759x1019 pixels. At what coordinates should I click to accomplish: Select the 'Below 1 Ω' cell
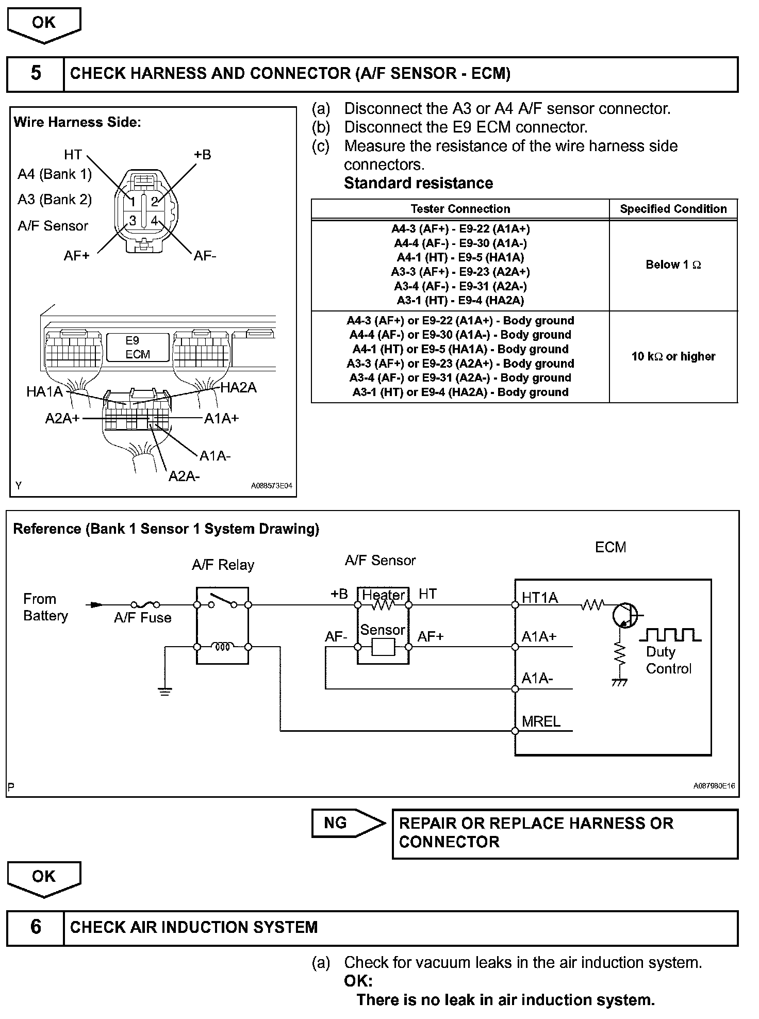673,265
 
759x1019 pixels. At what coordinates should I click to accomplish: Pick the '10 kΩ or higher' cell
673,356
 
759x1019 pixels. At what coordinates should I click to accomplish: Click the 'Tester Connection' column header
460,209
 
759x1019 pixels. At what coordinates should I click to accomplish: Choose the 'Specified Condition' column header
673,209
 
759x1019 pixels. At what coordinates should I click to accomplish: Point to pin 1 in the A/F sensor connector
133,202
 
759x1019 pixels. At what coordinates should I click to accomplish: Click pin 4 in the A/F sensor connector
154,221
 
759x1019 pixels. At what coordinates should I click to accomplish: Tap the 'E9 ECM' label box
138,347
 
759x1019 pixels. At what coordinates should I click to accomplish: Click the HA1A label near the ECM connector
44,392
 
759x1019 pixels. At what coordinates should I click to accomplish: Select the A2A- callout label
184,476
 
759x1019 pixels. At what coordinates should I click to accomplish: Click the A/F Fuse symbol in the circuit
145,605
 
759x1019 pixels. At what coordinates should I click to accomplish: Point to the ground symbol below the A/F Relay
165,691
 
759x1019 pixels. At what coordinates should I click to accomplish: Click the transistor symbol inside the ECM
624,615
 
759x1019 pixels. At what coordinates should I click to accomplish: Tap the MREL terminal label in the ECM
541,721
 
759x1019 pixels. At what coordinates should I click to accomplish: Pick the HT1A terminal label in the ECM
539,598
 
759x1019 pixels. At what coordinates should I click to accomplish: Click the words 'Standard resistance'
418,183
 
